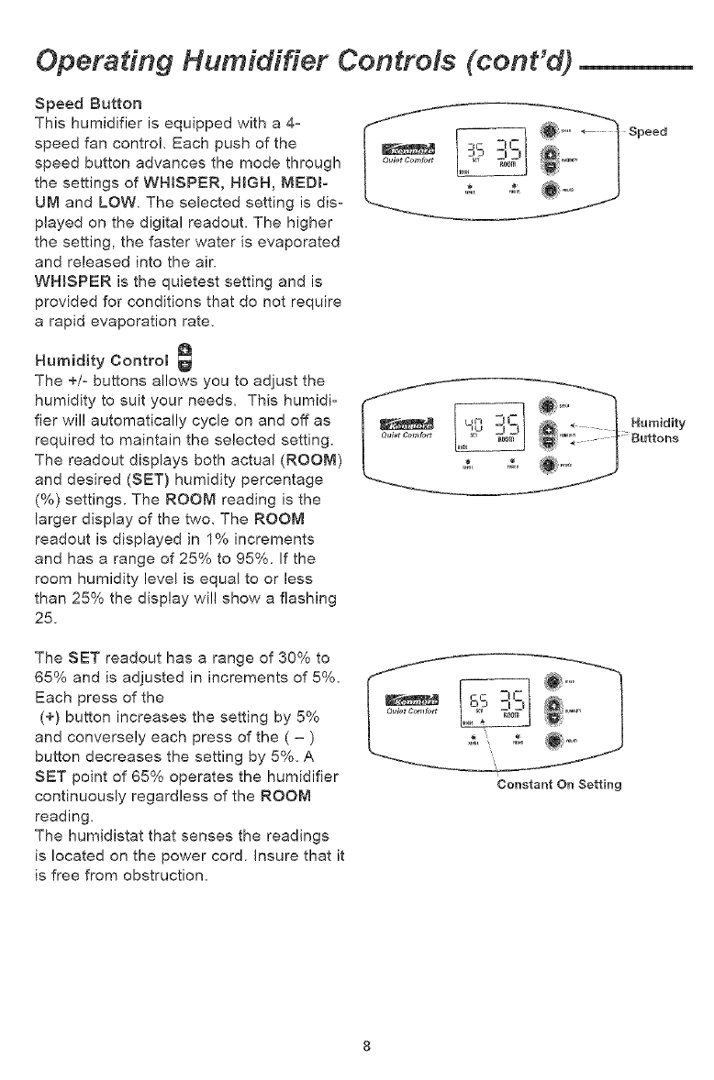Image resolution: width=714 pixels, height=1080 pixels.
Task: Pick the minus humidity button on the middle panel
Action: click(550, 442)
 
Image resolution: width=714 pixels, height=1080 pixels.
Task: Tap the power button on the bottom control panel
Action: click(550, 742)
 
